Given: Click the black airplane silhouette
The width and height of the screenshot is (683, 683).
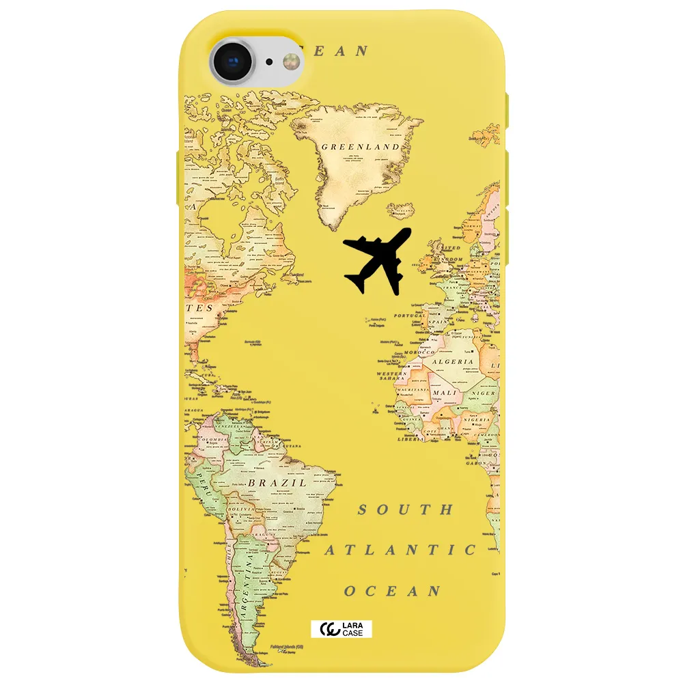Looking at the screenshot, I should (x=378, y=262).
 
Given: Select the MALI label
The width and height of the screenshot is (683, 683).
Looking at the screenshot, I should (x=445, y=393).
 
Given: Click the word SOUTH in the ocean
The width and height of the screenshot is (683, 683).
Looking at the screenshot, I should (x=406, y=510).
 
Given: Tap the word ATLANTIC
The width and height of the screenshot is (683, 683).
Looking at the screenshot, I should (x=400, y=550).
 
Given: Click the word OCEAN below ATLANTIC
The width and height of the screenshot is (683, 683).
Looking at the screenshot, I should (x=392, y=591).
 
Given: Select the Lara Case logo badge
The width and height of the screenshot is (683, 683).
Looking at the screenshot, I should (x=341, y=629).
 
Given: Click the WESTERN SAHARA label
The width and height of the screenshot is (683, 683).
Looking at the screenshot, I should (x=392, y=377).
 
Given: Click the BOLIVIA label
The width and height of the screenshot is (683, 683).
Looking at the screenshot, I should (x=241, y=509).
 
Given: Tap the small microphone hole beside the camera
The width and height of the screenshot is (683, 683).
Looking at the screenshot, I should (x=269, y=61).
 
